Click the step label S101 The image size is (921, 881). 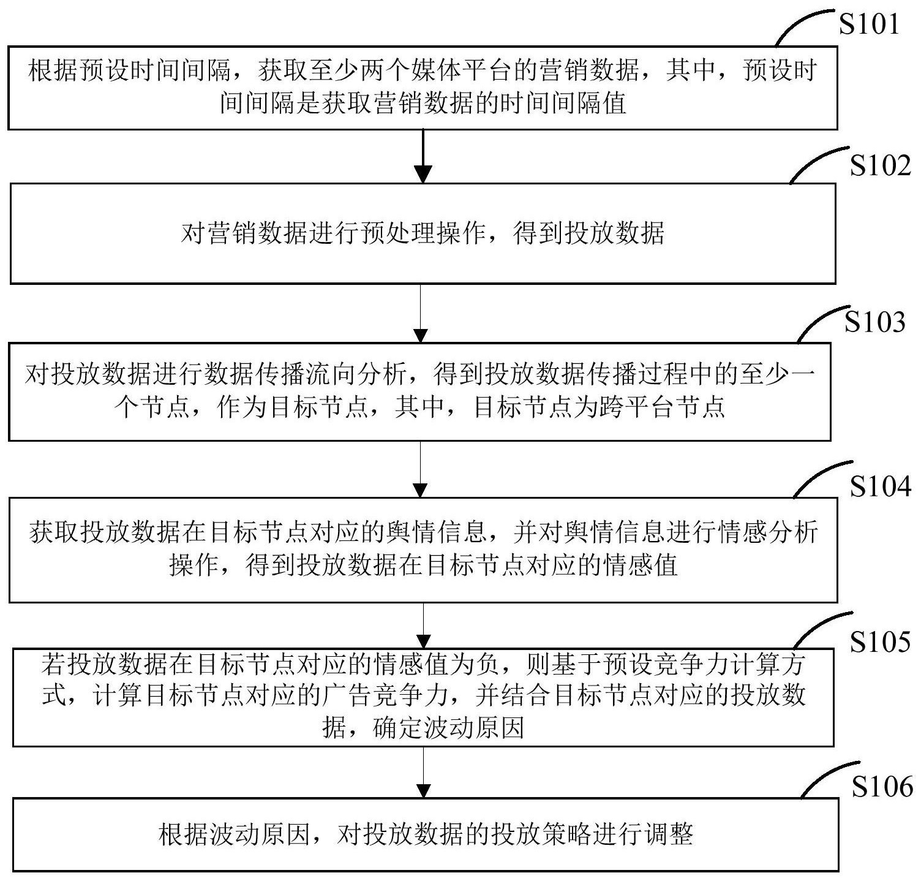[868, 24]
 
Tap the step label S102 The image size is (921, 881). [880, 165]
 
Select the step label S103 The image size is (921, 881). [874, 321]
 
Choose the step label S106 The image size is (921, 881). [882, 787]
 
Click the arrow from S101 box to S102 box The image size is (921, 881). [423, 156]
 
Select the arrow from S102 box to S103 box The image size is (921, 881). [421, 312]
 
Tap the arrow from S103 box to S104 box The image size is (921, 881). [421, 469]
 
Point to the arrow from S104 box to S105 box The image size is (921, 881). [423, 625]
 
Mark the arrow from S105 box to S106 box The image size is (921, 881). [423, 772]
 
